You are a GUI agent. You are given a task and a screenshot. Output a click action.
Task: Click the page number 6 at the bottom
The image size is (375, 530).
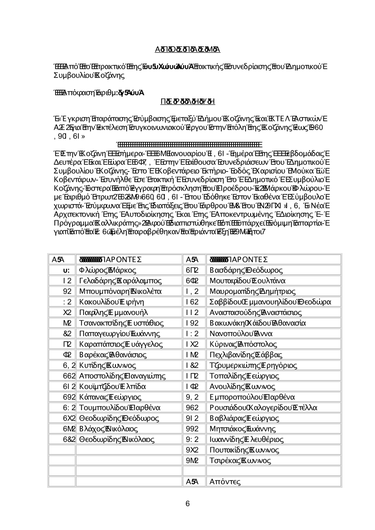coord(187,504)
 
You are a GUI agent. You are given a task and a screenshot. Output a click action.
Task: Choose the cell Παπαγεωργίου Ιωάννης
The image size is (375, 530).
coord(120,334)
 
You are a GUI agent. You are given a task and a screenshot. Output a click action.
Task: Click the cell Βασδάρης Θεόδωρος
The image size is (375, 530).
coord(246,270)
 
